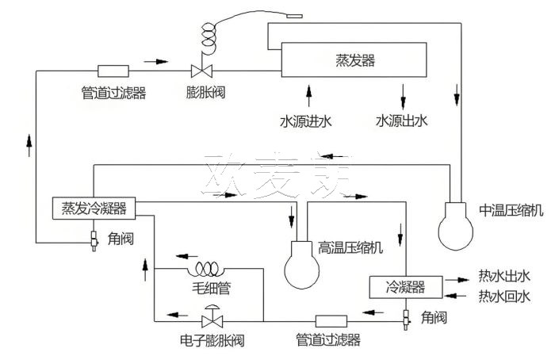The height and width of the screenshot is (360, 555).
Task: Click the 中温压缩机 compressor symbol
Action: [461, 224]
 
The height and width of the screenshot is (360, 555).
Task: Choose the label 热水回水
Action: [503, 297]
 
